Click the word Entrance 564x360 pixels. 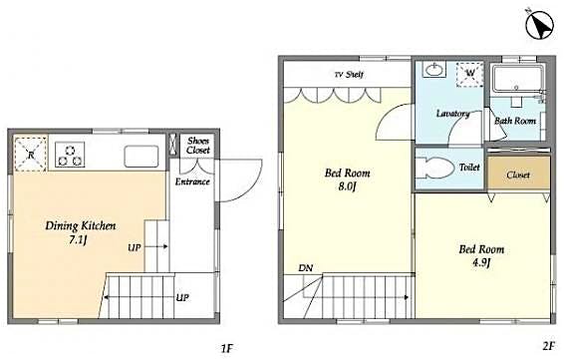pyautogui.click(x=193, y=181)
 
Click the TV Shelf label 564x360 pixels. pyautogui.click(x=347, y=75)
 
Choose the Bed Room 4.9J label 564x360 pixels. pyautogui.click(x=481, y=256)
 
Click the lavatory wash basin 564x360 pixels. pyautogui.click(x=435, y=73)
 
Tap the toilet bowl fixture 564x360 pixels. pyautogui.click(x=435, y=168)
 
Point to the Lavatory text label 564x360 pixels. pyautogui.click(x=452, y=114)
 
